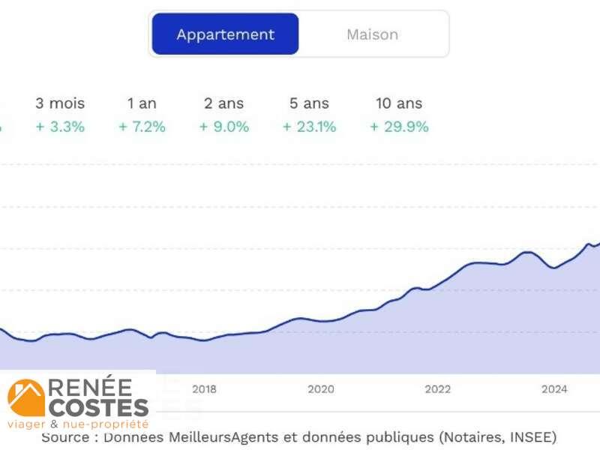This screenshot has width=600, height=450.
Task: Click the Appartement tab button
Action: pos(225,34)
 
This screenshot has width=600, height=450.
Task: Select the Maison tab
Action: pos(372,34)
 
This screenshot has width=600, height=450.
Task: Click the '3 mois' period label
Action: pos(60,103)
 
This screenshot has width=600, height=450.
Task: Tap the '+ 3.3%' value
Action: pos(60,127)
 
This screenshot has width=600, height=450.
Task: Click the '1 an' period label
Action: pos(142,103)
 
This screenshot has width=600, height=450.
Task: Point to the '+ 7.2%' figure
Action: pos(142,127)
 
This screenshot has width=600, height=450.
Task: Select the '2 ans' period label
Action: pos(223,103)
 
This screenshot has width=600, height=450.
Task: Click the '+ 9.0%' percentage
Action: pos(223,127)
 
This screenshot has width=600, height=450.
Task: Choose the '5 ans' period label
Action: pos(309,103)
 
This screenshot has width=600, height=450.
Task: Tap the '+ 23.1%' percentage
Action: pos(309,127)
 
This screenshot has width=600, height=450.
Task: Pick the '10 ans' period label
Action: pos(399,103)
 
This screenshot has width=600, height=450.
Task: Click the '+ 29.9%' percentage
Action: pos(399,127)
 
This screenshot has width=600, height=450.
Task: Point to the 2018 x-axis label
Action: pos(204,389)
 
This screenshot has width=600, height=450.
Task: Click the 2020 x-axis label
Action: pos(321,389)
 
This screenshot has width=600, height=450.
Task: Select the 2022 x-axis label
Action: pos(438,389)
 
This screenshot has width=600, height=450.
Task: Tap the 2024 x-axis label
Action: pos(555,389)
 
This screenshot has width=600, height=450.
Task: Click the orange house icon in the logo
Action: pos(25,397)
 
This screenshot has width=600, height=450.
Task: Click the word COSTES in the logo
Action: pos(98,408)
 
